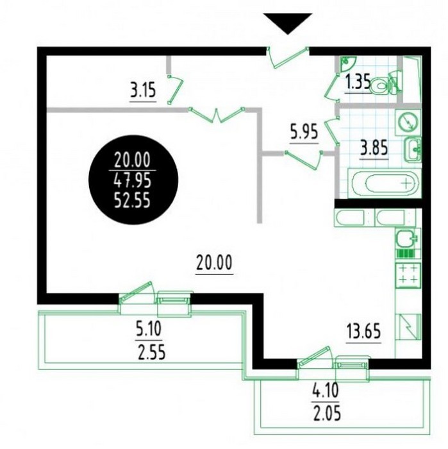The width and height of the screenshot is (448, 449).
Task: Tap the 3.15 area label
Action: point(143,91)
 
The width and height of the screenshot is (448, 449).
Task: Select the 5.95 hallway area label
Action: point(304,133)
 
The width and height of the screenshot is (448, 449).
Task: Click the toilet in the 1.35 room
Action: point(382,85)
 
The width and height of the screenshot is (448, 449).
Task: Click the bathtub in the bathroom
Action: point(384,183)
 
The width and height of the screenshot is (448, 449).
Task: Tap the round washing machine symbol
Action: point(408,122)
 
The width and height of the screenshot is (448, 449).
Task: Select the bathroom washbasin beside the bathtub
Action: point(412,149)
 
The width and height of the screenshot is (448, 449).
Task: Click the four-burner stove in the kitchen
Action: point(408,275)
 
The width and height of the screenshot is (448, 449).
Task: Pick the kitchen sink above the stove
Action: point(406,238)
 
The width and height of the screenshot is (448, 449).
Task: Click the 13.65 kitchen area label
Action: point(363,332)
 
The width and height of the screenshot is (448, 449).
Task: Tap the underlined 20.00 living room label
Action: point(214,263)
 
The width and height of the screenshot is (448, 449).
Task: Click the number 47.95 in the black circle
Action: point(132,181)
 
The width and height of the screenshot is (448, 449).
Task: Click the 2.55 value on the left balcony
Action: point(152,352)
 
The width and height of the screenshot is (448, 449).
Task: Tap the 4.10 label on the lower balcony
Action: point(326,391)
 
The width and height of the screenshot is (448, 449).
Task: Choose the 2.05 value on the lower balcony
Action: point(328,414)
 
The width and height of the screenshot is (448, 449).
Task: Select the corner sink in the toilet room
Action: point(347,62)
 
